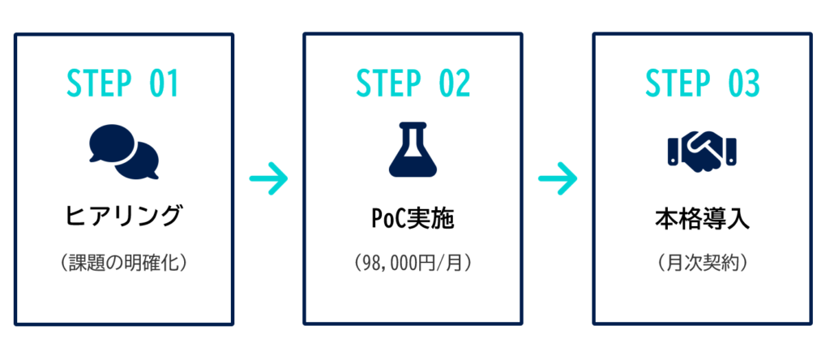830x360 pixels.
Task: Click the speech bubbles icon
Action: (123, 152)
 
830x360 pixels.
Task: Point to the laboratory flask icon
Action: (413, 152)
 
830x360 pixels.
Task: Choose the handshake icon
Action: (702, 152)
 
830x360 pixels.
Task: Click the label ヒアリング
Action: (123, 216)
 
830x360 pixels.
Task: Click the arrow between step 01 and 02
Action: (268, 178)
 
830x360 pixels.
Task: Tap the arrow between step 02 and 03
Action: (558, 178)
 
